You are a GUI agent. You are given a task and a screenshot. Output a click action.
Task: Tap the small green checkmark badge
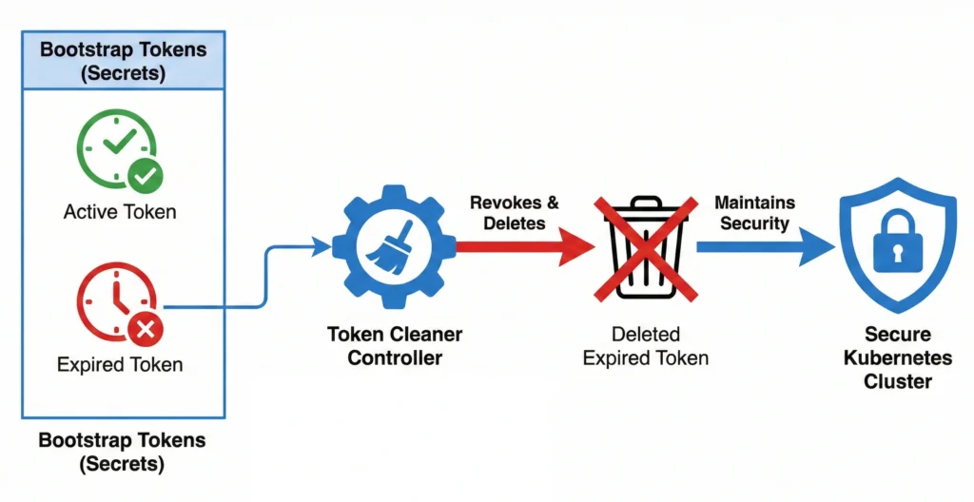click(x=146, y=174)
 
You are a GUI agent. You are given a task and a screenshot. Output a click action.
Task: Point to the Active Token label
click(x=120, y=211)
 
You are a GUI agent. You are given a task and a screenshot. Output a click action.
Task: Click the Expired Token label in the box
click(x=120, y=365)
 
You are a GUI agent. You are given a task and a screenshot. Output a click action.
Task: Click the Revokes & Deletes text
click(x=515, y=214)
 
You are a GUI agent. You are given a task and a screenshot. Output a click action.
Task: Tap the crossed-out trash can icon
click(x=645, y=246)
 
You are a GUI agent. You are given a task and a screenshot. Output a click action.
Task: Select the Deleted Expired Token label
click(x=645, y=346)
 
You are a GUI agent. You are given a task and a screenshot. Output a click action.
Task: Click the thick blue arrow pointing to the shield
click(x=760, y=246)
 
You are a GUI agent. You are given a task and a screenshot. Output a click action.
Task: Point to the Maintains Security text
click(x=754, y=214)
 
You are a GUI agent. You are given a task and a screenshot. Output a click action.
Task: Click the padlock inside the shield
click(x=898, y=242)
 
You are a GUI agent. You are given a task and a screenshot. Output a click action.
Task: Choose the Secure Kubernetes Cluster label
click(x=898, y=357)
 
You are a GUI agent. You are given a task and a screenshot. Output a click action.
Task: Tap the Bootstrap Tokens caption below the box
click(x=122, y=453)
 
